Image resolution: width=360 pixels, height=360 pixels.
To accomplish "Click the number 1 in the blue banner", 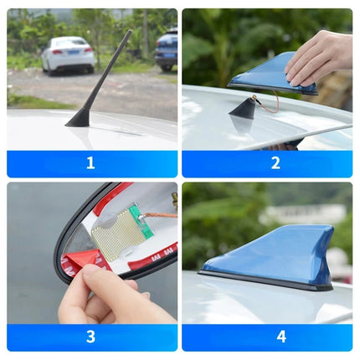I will tap(90, 163).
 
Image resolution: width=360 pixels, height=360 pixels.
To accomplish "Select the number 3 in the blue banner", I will tap(90, 337).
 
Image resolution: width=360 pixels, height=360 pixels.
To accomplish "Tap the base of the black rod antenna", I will tap(79, 118).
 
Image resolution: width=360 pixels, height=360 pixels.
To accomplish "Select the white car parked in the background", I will tap(68, 54).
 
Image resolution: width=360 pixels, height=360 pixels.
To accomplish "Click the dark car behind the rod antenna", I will tap(167, 50).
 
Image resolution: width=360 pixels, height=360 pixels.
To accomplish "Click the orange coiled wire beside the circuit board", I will tap(158, 216).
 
